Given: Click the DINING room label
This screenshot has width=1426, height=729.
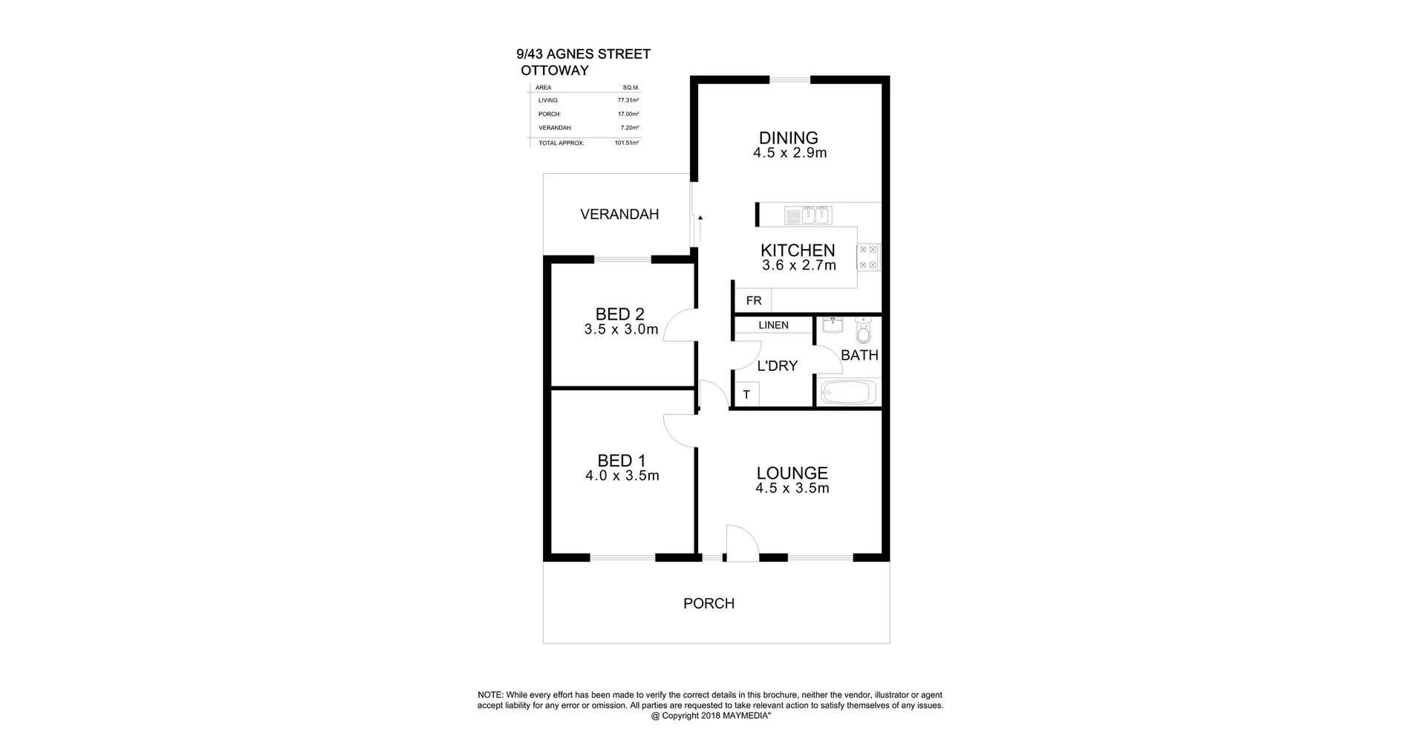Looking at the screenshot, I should pyautogui.click(x=788, y=137).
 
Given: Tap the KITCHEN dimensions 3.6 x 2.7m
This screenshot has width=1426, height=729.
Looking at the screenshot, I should pyautogui.click(x=798, y=265).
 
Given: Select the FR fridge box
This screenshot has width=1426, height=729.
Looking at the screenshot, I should pyautogui.click(x=753, y=301).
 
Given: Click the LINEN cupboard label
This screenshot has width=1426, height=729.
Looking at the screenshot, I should pyautogui.click(x=773, y=325).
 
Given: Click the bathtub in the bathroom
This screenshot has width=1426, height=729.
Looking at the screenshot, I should pyautogui.click(x=848, y=391).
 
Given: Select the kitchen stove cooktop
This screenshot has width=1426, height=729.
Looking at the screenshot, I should pyautogui.click(x=868, y=257).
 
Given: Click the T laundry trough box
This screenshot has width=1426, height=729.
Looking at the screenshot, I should pyautogui.click(x=746, y=395).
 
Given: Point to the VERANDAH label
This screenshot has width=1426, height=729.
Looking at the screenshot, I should pyautogui.click(x=619, y=215).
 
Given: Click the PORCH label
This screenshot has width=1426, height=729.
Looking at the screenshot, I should pyautogui.click(x=709, y=603).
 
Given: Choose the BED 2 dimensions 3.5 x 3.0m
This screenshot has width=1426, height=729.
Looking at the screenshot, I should pyautogui.click(x=621, y=330).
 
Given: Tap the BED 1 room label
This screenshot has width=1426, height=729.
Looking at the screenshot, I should pyautogui.click(x=621, y=461).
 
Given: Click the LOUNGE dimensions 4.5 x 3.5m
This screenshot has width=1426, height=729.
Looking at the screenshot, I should pyautogui.click(x=792, y=488).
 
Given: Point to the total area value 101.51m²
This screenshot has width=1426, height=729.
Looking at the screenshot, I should pyautogui.click(x=627, y=143).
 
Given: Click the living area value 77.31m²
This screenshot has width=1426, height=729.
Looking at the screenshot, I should pyautogui.click(x=628, y=100).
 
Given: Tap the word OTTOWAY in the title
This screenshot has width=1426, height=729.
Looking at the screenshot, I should pyautogui.click(x=555, y=71).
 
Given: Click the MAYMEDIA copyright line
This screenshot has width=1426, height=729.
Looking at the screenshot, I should pyautogui.click(x=715, y=716).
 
